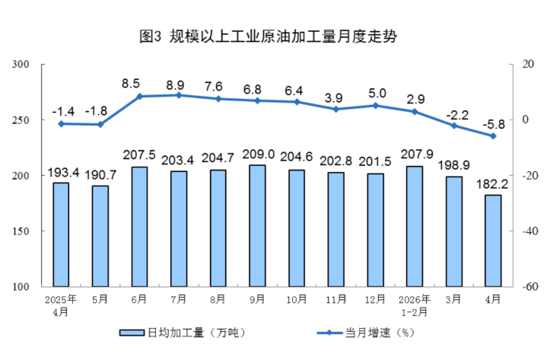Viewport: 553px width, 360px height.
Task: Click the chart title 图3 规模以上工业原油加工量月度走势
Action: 268,36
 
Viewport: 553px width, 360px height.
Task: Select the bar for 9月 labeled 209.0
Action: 257,225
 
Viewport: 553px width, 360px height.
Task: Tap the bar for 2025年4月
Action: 61,234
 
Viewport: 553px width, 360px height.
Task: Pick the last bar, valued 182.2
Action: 493,241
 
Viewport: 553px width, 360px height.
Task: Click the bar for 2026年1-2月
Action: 415,226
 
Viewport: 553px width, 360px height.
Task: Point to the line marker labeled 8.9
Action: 179,95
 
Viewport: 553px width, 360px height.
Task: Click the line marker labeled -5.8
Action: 493,136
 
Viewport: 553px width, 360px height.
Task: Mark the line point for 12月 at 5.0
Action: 375,106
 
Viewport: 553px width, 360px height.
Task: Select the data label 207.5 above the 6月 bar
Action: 139,155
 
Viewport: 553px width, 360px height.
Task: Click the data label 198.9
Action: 453,165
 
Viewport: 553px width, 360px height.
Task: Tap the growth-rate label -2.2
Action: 457,115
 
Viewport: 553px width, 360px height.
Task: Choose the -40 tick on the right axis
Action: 530,231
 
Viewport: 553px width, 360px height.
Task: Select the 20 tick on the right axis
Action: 528,64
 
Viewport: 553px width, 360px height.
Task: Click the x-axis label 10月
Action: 297,299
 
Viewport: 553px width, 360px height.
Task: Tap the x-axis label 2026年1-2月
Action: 415,306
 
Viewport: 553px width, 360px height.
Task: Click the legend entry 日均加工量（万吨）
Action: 183,333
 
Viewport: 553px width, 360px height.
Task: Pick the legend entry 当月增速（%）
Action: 366,333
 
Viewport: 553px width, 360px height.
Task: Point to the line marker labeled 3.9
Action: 335,110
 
